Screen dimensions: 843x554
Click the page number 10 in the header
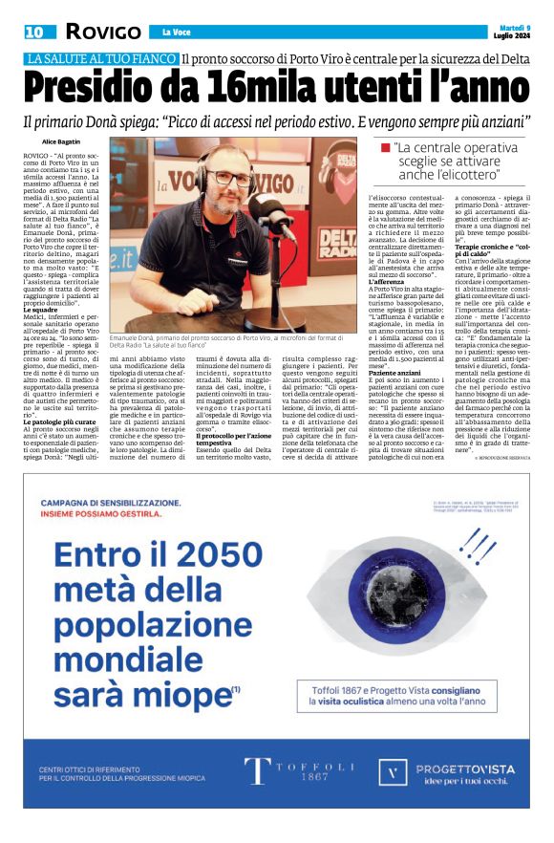pos(34,32)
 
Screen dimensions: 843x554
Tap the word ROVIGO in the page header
pos(97,32)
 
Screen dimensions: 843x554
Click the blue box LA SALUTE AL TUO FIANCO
pos(101,59)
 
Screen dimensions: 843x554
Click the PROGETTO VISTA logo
pos(449,771)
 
